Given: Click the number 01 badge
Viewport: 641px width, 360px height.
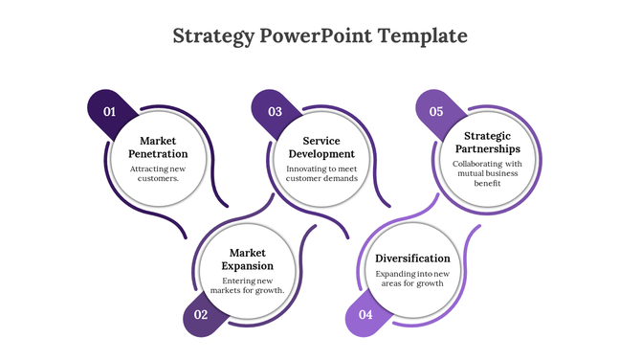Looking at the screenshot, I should coord(110,112).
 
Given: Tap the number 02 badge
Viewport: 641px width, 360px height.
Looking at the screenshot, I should coord(201,315).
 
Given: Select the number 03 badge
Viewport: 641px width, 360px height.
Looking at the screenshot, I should coord(275,112).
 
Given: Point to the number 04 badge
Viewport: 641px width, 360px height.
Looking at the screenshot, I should coord(365,315).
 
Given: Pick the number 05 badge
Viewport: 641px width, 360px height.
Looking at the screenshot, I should coord(436,112).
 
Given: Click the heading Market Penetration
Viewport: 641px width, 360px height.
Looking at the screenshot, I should coord(158,146).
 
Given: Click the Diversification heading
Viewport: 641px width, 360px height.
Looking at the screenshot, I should coord(412,259).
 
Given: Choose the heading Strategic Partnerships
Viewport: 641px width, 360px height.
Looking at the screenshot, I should coord(487,143).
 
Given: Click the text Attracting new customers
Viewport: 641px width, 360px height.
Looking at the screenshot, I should coord(158,173).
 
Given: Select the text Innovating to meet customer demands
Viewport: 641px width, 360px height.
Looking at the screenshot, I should coord(322,173).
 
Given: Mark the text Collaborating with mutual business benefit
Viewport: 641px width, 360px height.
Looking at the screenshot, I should coord(487,173).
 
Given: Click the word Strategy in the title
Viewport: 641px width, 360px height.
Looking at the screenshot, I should coord(214,36).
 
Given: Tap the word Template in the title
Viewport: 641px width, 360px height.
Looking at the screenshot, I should coord(423,36).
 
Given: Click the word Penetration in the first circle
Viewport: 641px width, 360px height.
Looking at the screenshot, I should coord(158,153).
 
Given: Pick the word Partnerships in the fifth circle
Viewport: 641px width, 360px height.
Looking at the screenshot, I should coord(487,149).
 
